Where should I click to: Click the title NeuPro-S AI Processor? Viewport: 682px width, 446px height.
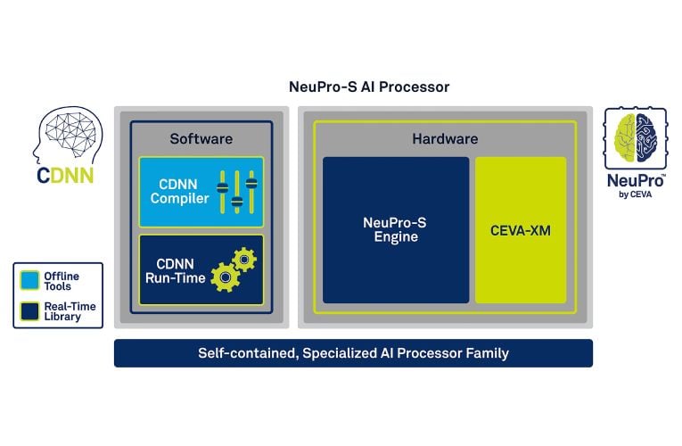click(x=369, y=87)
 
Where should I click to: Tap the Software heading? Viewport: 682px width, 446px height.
click(x=201, y=138)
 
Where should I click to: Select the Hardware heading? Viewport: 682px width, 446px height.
click(x=445, y=138)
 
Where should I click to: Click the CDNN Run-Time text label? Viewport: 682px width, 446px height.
click(x=176, y=271)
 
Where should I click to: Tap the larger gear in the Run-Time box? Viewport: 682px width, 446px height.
click(x=225, y=278)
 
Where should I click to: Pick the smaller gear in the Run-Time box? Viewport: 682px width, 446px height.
click(x=245, y=259)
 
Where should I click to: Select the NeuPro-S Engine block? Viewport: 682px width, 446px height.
click(x=396, y=229)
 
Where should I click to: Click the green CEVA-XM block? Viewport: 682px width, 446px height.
click(x=521, y=229)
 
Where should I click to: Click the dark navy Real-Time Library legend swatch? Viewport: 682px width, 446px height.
click(x=30, y=311)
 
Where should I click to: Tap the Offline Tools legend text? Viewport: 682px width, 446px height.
click(x=61, y=281)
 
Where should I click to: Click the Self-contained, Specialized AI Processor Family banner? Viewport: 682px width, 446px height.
click(x=353, y=353)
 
